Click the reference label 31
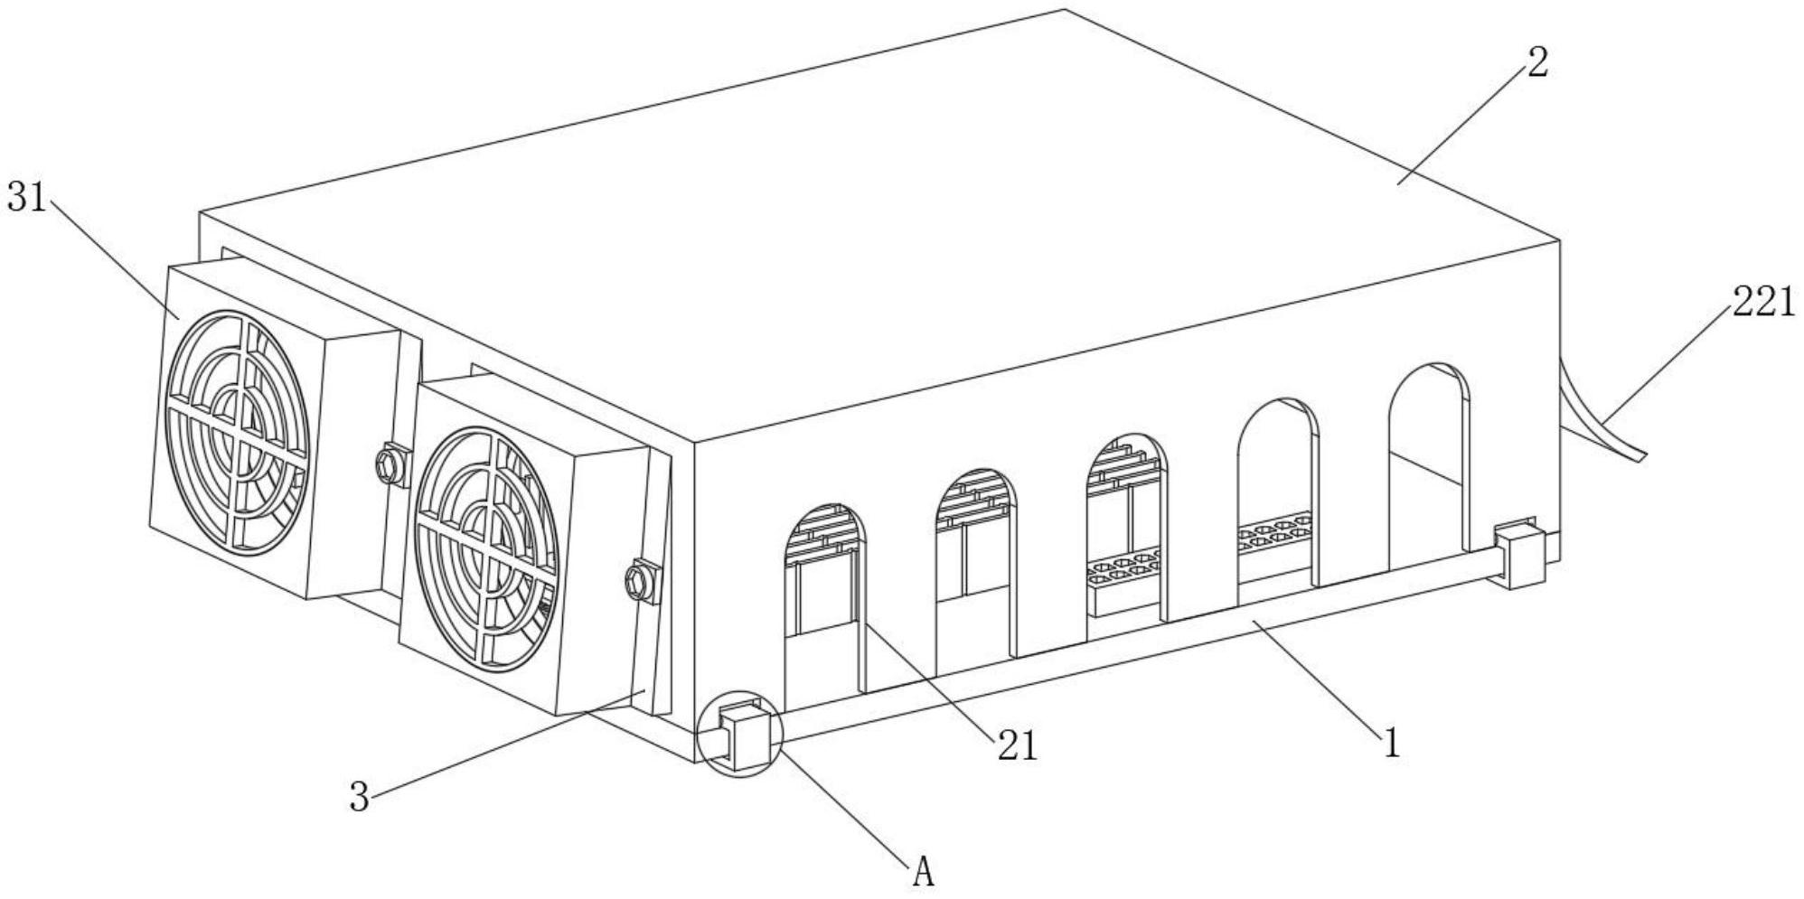point(26,197)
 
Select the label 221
point(1763,302)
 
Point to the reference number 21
point(1018,746)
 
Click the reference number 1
point(1393,744)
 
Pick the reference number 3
point(360,797)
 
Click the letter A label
point(923,872)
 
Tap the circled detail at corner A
point(739,734)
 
